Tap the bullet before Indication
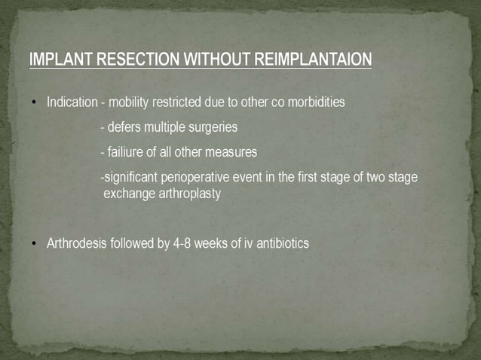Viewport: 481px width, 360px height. [34, 102]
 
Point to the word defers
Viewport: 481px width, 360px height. [124, 127]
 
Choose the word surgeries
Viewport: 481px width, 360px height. [213, 127]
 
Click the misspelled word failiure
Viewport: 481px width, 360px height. [125, 152]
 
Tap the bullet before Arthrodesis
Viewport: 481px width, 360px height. [34, 244]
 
